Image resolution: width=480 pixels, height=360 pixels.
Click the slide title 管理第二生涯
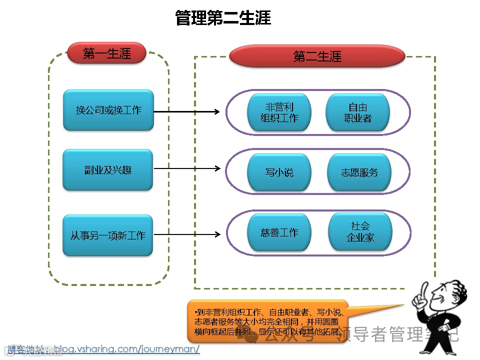223,18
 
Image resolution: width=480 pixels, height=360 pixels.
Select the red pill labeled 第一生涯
106,53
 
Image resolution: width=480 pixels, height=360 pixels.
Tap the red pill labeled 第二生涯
317,56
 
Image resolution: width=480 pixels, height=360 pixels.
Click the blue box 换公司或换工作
108,110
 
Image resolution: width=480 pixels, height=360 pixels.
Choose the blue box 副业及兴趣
108,170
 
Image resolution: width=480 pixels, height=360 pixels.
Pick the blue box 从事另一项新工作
108,235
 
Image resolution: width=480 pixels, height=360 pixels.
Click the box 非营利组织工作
279,112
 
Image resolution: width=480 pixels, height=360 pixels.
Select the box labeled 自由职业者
357,112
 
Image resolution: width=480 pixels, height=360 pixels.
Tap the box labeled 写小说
279,172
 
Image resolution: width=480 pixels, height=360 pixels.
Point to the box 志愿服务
359,172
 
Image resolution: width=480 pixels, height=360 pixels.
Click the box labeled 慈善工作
279,232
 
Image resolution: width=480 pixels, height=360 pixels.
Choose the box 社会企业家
360,232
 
